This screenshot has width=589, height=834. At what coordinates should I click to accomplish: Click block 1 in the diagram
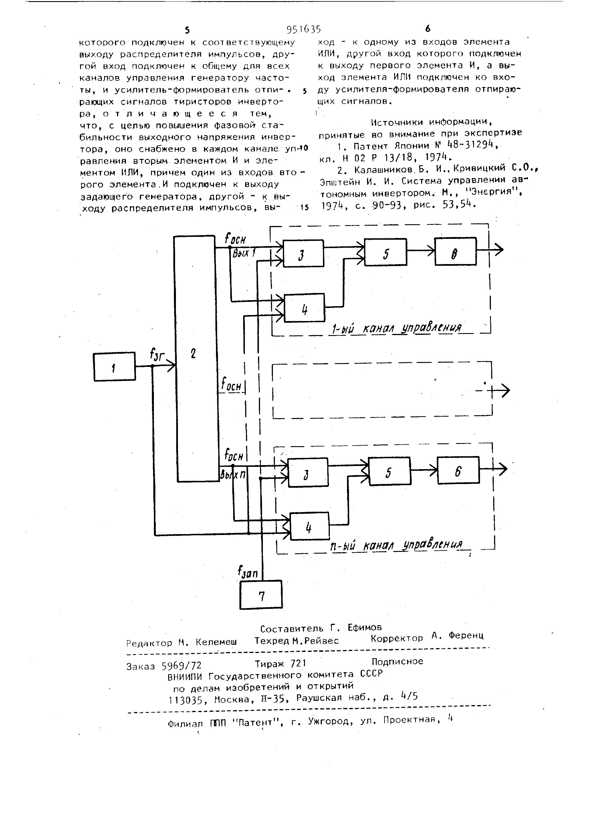(x=114, y=367)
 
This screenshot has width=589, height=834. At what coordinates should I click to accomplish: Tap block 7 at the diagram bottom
(x=261, y=594)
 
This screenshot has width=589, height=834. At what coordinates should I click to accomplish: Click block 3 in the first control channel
(x=303, y=253)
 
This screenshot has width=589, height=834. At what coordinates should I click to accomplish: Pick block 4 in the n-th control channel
(x=309, y=526)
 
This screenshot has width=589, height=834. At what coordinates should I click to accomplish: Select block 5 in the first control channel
(x=385, y=252)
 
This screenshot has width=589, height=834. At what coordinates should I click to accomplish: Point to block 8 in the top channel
(x=455, y=251)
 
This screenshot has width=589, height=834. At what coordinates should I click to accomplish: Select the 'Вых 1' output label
(x=244, y=253)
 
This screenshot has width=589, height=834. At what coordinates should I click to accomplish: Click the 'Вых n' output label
(x=233, y=474)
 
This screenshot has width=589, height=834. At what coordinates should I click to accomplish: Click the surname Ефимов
(x=364, y=627)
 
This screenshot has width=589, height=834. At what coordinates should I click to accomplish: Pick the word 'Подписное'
(x=397, y=661)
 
